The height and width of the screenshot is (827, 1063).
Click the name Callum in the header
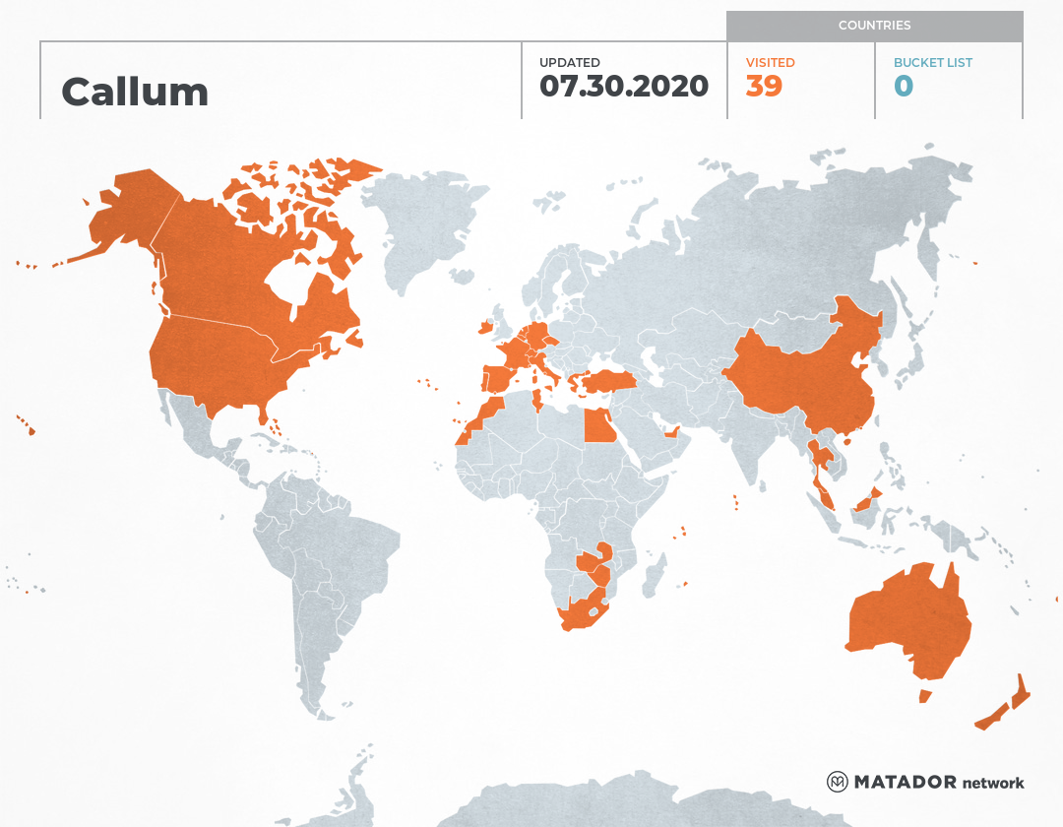(135, 93)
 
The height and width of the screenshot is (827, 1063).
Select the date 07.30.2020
(623, 87)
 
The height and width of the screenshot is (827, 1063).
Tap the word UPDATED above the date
(569, 62)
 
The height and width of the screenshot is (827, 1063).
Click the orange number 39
(764, 87)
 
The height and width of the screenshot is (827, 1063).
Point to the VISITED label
(770, 62)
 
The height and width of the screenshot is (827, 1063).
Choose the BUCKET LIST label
(932, 62)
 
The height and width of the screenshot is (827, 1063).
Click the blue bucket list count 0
(904, 87)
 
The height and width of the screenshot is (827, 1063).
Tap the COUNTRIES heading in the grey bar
(874, 25)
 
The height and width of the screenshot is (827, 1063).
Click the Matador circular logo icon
(838, 782)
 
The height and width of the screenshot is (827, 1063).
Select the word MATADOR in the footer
(906, 783)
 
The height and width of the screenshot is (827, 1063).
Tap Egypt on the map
(599, 426)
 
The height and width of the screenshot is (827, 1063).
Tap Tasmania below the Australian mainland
(924, 696)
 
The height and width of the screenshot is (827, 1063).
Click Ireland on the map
(484, 326)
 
